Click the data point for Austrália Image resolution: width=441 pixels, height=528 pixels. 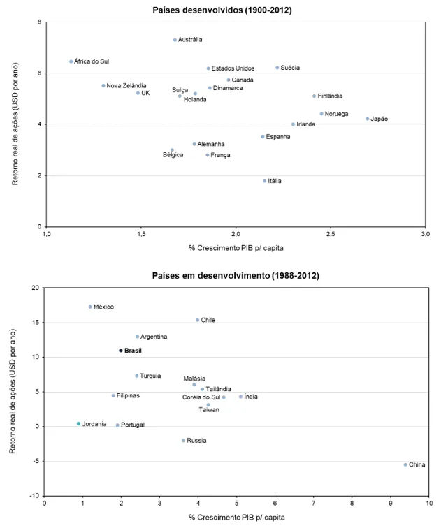click(175, 40)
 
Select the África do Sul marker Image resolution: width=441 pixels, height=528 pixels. click(71, 61)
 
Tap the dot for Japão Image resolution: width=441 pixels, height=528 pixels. click(367, 119)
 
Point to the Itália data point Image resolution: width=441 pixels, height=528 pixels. click(265, 181)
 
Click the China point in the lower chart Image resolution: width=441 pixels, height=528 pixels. click(405, 464)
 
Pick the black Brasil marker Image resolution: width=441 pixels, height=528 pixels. click(121, 351)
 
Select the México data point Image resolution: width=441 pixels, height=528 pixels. click(91, 307)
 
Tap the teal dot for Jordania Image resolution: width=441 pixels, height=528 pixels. click(78, 423)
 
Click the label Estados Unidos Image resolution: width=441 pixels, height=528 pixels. click(233, 68)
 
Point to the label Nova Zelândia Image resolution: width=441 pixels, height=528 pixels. click(126, 85)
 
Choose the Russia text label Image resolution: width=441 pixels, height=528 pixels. click(196, 441)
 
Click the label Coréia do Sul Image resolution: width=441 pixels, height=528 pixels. click(201, 397)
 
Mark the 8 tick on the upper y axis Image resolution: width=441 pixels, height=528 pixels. click(39, 22)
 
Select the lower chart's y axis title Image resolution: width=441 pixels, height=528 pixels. click(13, 391)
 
